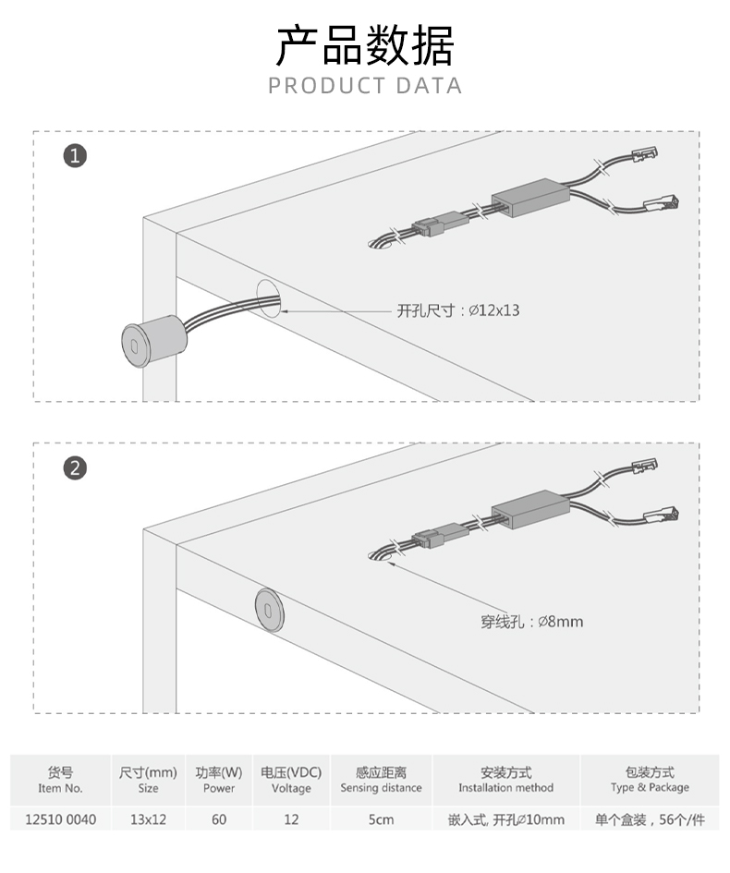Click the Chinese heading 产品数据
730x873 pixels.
tap(365, 45)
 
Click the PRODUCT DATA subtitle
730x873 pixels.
tap(365, 86)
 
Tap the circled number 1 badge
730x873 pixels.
tap(75, 155)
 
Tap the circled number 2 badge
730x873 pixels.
tap(75, 467)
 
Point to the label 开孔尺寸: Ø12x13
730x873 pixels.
tap(457, 310)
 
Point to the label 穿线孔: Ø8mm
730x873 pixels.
tap(531, 622)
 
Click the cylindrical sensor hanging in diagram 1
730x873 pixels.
tap(154, 341)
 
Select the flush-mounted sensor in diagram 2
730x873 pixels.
tap(270, 610)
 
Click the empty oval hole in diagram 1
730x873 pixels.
tap(268, 299)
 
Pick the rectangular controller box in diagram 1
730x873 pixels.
tap(530, 197)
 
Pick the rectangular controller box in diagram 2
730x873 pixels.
tap(530, 509)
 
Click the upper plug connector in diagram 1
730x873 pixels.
tap(645, 154)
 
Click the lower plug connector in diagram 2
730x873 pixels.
tap(661, 515)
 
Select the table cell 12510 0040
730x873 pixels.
tap(61, 819)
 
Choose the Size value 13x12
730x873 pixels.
tap(148, 819)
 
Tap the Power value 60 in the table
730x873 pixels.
tap(219, 819)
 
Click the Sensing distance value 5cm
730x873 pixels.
tap(381, 819)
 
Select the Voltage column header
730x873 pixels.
tap(291, 780)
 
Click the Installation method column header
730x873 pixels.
tap(506, 780)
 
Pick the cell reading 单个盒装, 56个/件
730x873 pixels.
tap(650, 819)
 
